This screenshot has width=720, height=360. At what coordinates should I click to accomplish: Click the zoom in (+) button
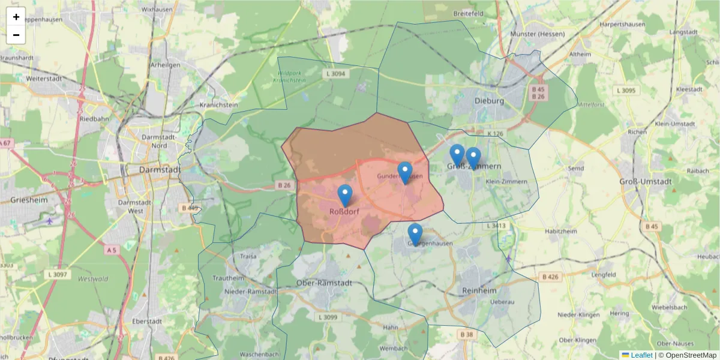coord(16,17)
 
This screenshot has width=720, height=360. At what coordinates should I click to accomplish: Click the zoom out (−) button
coord(16,35)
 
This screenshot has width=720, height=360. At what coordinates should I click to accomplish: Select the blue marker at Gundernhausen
coord(405,173)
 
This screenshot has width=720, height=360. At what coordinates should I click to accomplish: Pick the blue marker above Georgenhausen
coord(415,234)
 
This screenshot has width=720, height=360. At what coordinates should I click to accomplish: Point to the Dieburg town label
coord(489,101)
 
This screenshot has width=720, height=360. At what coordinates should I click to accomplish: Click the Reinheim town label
coord(480,290)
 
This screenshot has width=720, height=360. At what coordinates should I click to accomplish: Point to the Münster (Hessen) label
coord(537,34)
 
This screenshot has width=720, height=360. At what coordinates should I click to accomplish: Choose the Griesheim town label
coord(28,199)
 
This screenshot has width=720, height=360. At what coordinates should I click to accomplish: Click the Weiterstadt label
coord(45,79)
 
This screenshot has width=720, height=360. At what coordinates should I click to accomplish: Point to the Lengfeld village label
coord(604,274)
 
